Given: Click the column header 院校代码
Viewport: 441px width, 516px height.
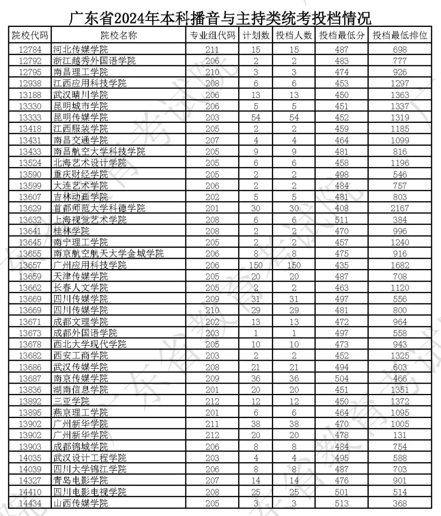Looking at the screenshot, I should [x=30, y=36].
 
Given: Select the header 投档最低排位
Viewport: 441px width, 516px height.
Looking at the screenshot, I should [x=400, y=36].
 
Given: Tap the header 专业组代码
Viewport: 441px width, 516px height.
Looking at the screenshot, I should [x=212, y=36].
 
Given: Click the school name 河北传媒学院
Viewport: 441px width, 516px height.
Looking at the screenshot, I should [x=81, y=49].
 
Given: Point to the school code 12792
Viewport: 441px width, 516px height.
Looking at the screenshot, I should [x=30, y=61].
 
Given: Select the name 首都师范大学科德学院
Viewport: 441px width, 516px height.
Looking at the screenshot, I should [x=99, y=208].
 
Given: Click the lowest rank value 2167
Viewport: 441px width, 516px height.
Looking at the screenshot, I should [x=400, y=208].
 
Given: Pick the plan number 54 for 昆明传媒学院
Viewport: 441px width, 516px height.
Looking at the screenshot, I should [x=256, y=118].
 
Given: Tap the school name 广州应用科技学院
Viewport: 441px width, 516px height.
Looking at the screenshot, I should [x=90, y=265].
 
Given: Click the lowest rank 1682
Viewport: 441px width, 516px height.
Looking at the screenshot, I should [x=400, y=265].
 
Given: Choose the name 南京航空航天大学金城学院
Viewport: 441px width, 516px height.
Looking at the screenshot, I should [x=108, y=254].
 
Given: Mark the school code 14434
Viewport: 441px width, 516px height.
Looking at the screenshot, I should [x=30, y=503].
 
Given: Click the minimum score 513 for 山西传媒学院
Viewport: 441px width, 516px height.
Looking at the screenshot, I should [x=341, y=503].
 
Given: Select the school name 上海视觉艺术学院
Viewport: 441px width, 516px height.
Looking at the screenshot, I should [x=90, y=220].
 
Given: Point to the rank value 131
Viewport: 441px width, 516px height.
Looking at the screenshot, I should [x=400, y=435].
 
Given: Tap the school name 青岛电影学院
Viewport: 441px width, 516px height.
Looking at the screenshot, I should [x=81, y=480].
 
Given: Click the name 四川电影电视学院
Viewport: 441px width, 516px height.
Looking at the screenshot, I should [x=90, y=492].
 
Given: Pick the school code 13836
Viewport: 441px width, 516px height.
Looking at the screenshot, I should [x=30, y=390].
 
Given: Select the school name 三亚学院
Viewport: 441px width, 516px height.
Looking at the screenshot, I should [x=71, y=401].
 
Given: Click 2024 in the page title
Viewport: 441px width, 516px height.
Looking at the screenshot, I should [x=129, y=18].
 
